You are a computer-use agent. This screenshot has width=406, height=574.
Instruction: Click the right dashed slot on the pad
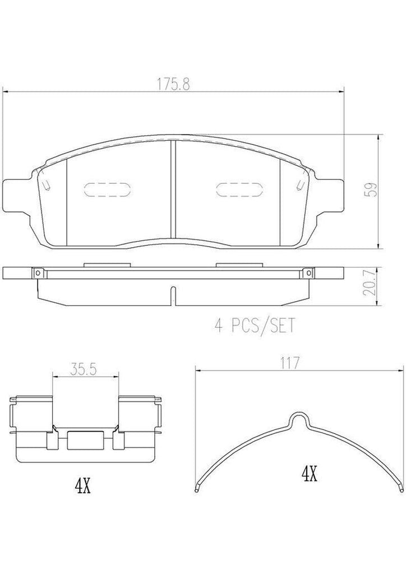coord(239,191)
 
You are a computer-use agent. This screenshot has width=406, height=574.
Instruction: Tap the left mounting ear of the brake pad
coord(17,193)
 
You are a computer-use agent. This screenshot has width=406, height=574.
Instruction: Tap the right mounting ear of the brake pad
coord(331,193)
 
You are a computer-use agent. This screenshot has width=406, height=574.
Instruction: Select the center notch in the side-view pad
coord(173,295)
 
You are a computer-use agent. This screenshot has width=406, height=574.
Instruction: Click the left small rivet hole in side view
coord(38,273)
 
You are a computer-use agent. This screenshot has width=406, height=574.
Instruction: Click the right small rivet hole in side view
coord(308,273)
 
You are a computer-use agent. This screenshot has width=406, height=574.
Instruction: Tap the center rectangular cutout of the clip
coord(85,441)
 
